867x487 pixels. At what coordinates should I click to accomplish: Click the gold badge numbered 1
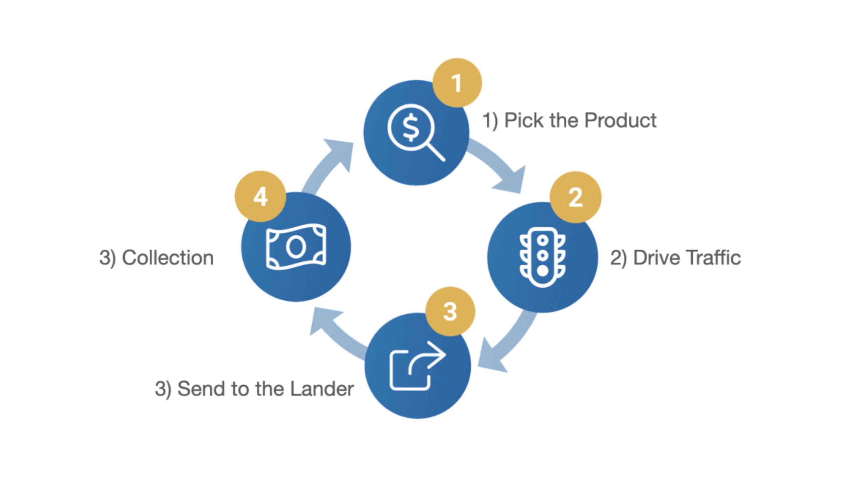[457, 83]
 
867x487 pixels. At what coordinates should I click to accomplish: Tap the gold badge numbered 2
[575, 197]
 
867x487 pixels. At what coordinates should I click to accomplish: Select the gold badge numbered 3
[450, 311]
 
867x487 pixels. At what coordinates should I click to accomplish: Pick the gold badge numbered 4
[260, 196]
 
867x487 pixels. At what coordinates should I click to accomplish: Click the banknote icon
[296, 247]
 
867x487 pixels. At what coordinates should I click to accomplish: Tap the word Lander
[322, 389]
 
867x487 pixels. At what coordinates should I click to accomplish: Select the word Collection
[168, 258]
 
